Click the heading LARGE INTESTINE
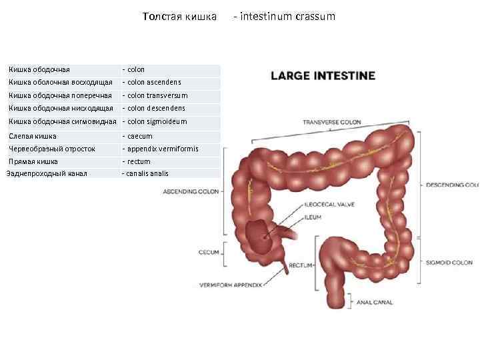coord(323,76)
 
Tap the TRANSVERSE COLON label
coord(332,123)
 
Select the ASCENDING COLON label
coord(191,191)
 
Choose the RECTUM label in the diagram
coord(301,265)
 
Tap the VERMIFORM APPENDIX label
coord(227,285)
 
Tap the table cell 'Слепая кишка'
coord(32,136)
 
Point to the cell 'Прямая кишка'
coord(33,161)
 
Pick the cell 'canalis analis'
coord(147,173)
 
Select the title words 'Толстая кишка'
coord(179,16)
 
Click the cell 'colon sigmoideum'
coord(156,121)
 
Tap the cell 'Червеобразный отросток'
coord(52,149)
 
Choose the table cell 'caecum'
coord(139,136)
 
